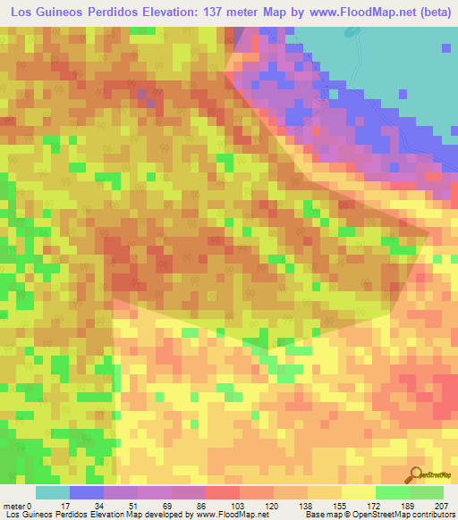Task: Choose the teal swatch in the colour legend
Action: [x=53, y=492]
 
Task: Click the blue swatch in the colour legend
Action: [x=87, y=492]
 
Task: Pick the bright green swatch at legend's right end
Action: [x=427, y=492]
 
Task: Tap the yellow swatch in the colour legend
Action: [x=359, y=492]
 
